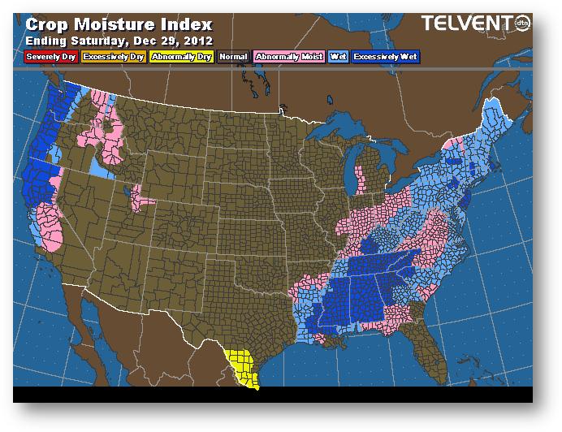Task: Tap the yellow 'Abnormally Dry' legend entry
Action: (181, 57)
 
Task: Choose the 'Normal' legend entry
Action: (233, 57)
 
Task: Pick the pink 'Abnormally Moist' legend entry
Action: (288, 57)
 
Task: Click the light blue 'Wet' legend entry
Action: (337, 57)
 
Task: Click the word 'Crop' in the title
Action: (48, 24)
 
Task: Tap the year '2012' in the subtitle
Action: (199, 39)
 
